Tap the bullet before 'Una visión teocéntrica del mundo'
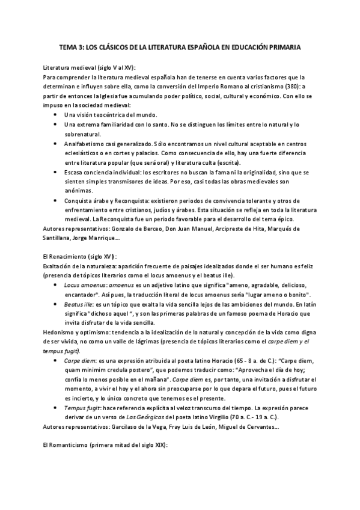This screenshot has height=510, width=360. tap(56, 114)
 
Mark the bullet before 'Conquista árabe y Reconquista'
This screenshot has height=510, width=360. tap(56, 200)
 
